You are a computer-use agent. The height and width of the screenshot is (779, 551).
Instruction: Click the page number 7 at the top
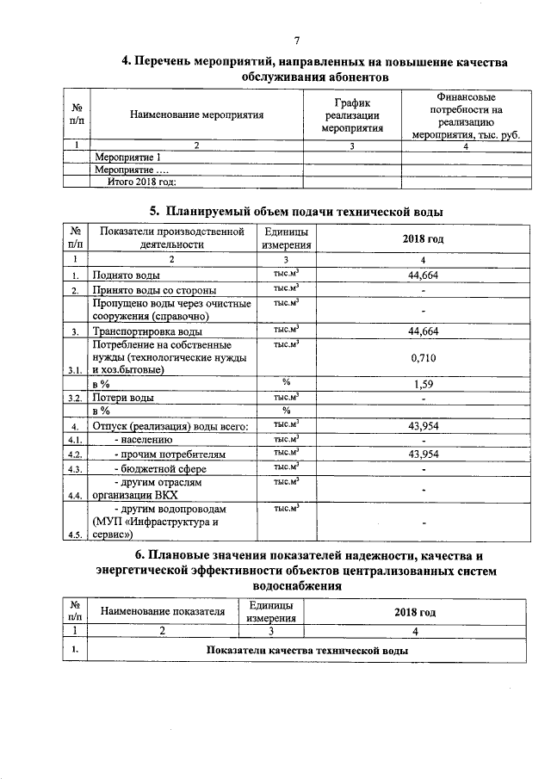point(297,41)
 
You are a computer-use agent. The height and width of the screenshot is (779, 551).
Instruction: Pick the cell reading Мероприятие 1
point(128,158)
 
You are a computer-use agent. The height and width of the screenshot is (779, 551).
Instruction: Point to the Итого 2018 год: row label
point(141,182)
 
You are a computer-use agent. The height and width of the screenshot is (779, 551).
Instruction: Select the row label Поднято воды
point(126,275)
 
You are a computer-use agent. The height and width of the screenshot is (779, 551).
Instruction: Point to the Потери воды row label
point(124,399)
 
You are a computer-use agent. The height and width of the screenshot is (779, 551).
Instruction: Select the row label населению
point(146,439)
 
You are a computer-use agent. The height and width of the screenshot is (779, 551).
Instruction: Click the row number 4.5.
point(76,535)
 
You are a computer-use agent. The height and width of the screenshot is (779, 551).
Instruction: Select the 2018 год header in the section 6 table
point(415,611)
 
